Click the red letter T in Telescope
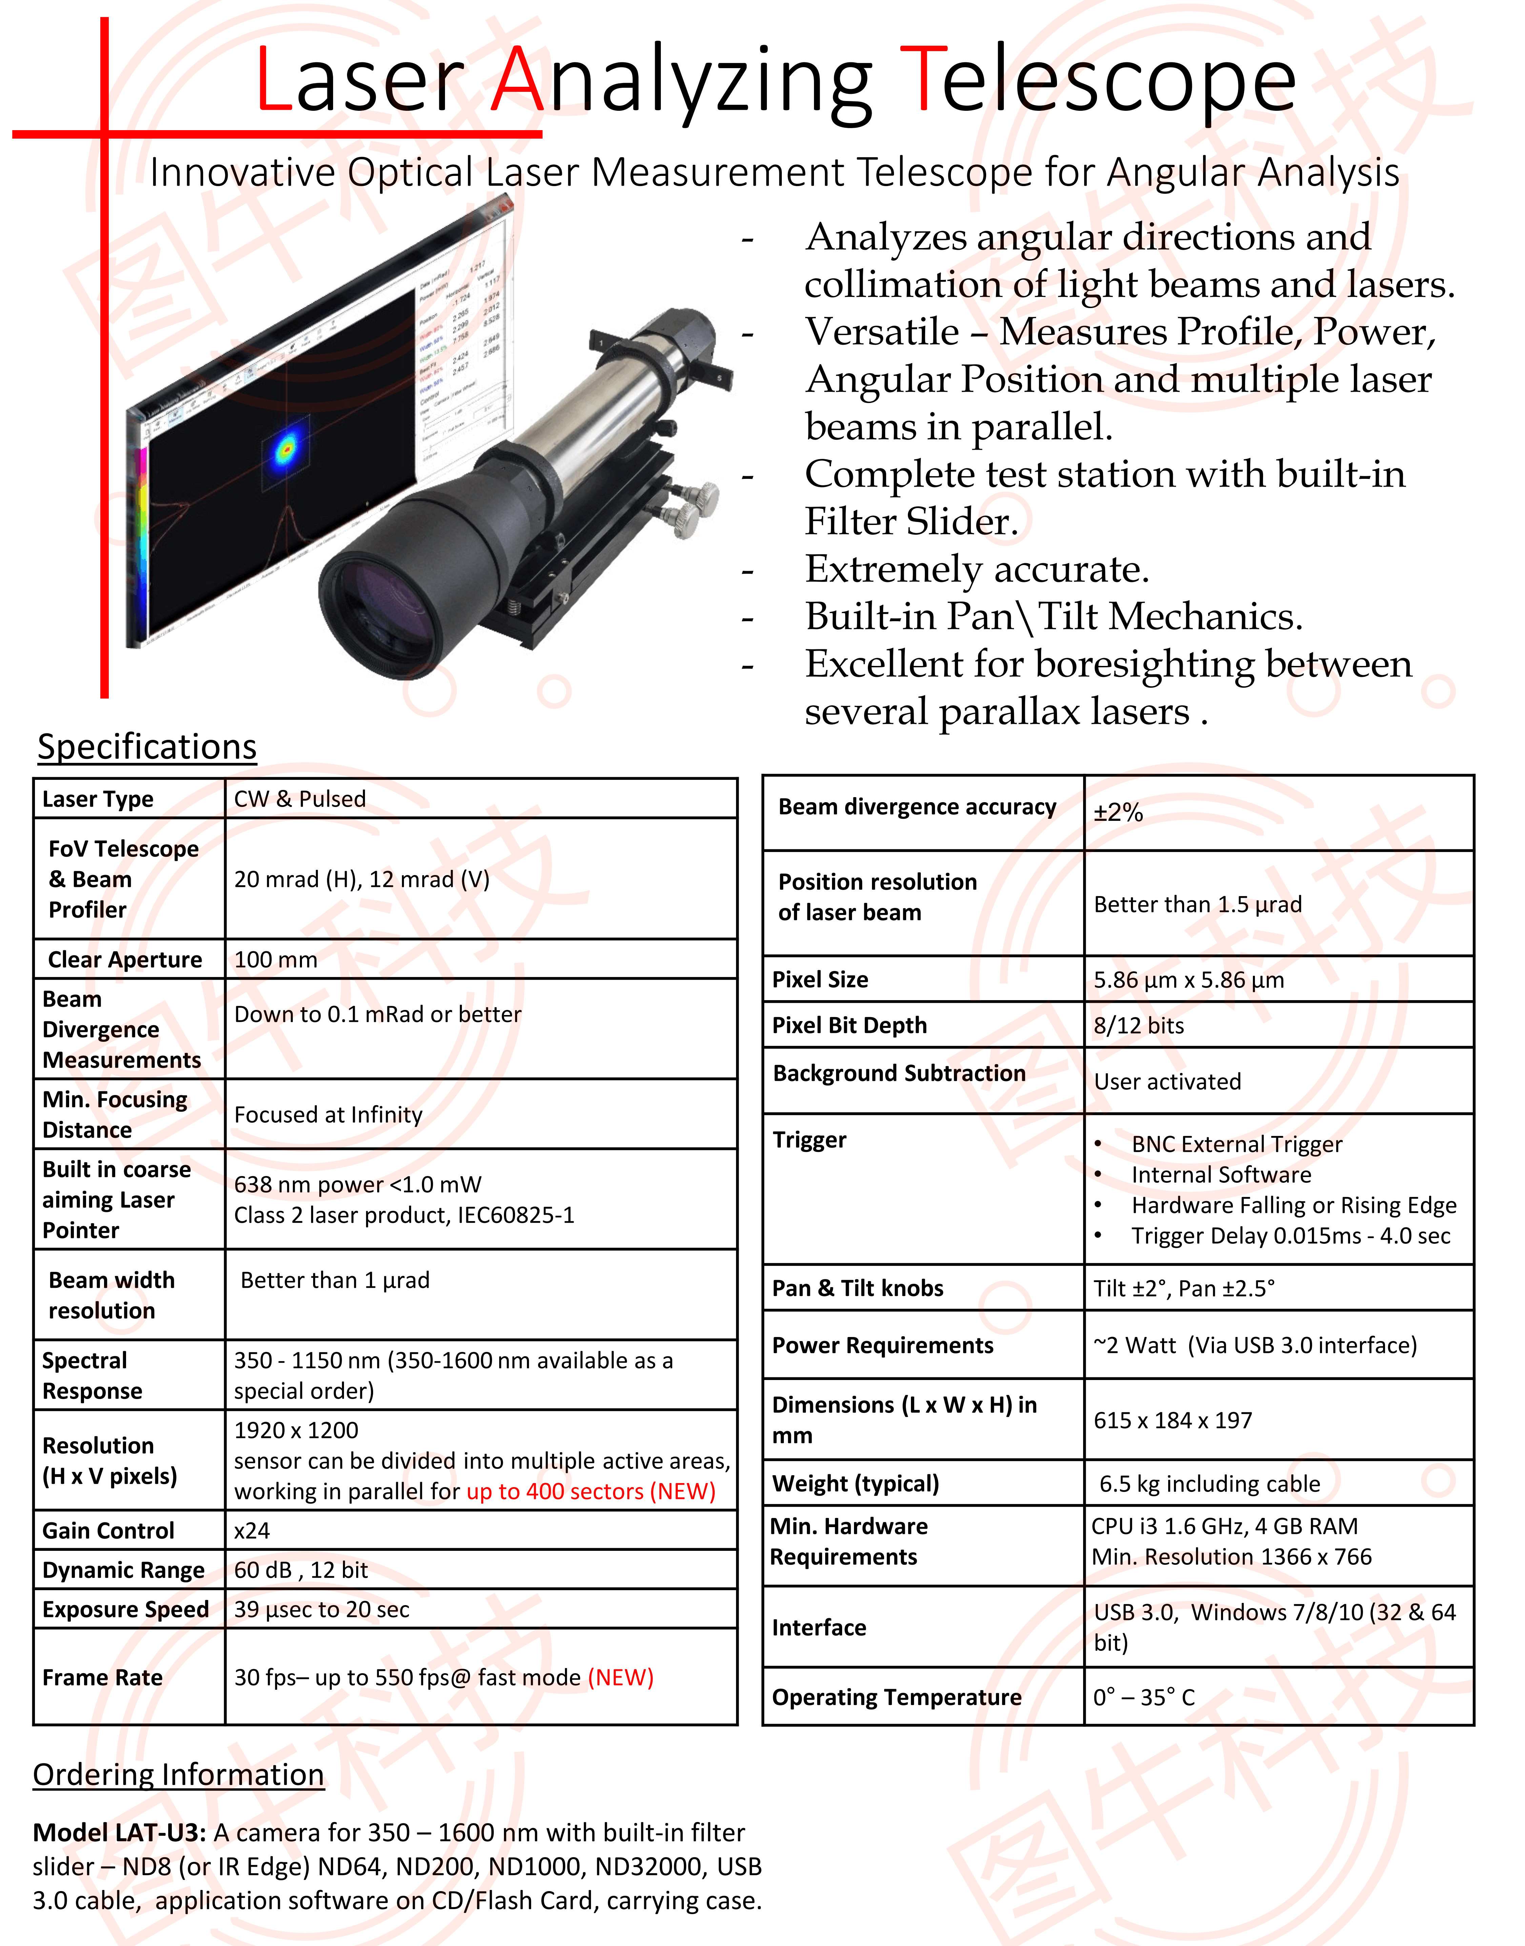click(921, 80)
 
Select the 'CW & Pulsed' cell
click(300, 799)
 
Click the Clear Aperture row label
click(125, 959)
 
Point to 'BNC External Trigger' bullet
click(1237, 1144)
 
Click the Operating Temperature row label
click(896, 1697)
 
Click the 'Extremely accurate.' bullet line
click(977, 569)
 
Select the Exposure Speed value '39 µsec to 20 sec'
click(321, 1609)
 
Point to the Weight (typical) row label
click(855, 1484)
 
